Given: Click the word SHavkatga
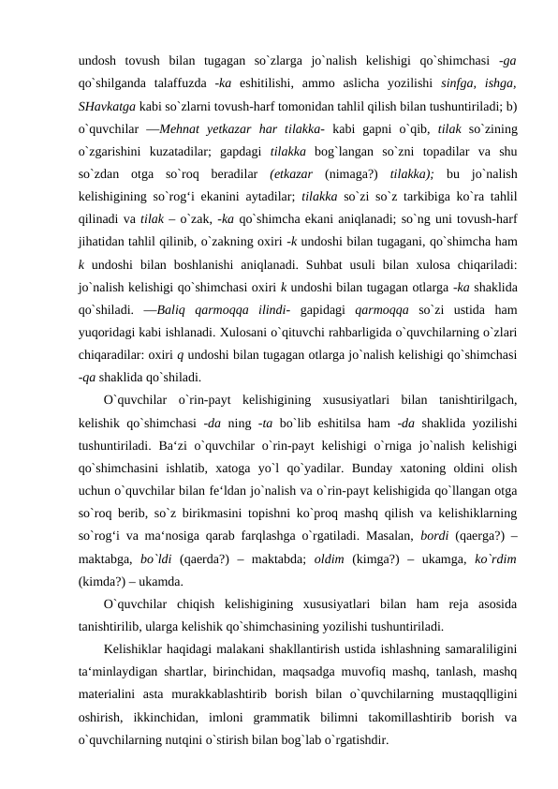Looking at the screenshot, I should pos(105,105).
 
